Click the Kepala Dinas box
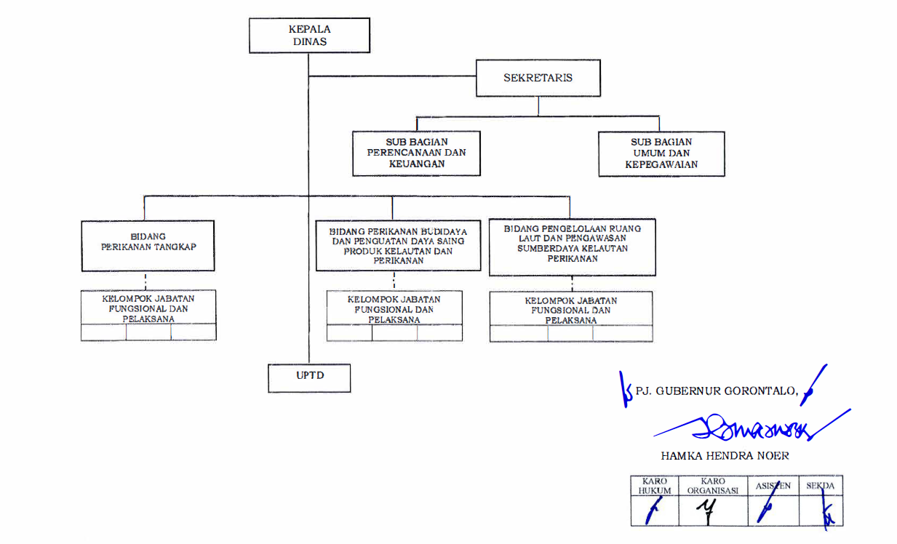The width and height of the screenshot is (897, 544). (x=308, y=36)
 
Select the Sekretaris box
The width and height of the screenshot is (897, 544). (x=538, y=78)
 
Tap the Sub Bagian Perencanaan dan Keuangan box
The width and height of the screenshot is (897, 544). (x=416, y=153)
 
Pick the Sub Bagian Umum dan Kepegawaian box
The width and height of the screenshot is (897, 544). (x=661, y=153)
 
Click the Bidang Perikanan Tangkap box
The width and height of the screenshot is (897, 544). (x=148, y=246)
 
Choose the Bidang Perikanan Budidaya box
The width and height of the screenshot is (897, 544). (x=398, y=245)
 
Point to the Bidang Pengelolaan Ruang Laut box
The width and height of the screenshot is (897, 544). (x=572, y=248)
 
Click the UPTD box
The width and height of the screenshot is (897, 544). (x=308, y=377)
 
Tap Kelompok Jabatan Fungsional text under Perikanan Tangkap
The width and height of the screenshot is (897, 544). (x=148, y=308)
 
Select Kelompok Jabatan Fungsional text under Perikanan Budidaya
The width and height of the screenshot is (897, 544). (x=394, y=309)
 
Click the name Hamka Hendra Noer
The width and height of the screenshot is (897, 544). (x=725, y=456)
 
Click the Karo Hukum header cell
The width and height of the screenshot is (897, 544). (x=655, y=486)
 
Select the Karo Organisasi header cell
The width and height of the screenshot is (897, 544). (x=713, y=486)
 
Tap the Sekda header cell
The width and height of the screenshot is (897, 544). (x=821, y=486)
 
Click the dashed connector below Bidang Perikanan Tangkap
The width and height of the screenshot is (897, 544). (x=145, y=280)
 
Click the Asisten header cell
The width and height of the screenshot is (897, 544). (x=773, y=486)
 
